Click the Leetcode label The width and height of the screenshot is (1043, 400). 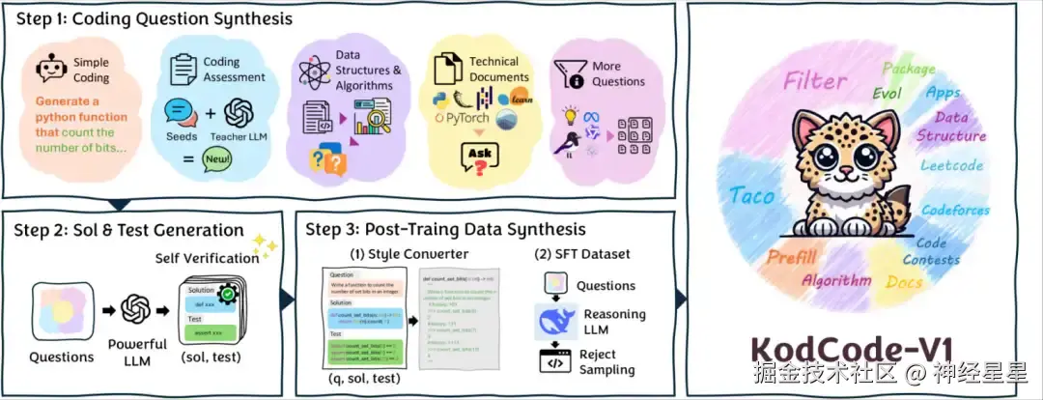click(x=951, y=165)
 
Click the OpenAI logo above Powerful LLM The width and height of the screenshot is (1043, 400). click(x=138, y=309)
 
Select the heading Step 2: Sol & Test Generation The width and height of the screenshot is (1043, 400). click(x=128, y=230)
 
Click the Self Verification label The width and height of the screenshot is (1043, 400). click(x=207, y=258)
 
